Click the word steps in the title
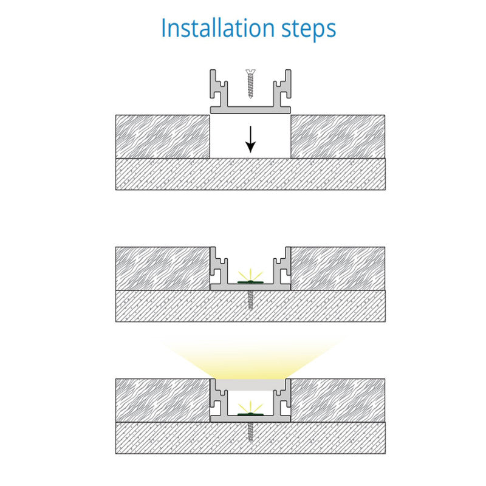coord(309,30)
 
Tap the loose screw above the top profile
coord(250,84)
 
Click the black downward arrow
coord(250,140)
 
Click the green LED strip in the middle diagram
coord(250,282)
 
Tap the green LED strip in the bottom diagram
coord(250,414)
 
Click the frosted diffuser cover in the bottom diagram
coord(250,385)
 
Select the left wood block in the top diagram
coord(163,137)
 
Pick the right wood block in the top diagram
coord(338,137)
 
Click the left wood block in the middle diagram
coord(163,269)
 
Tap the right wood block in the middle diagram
coord(338,269)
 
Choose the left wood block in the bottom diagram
coord(163,400)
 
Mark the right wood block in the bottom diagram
coord(338,400)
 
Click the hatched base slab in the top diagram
coord(250,174)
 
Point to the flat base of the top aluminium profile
coord(250,110)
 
